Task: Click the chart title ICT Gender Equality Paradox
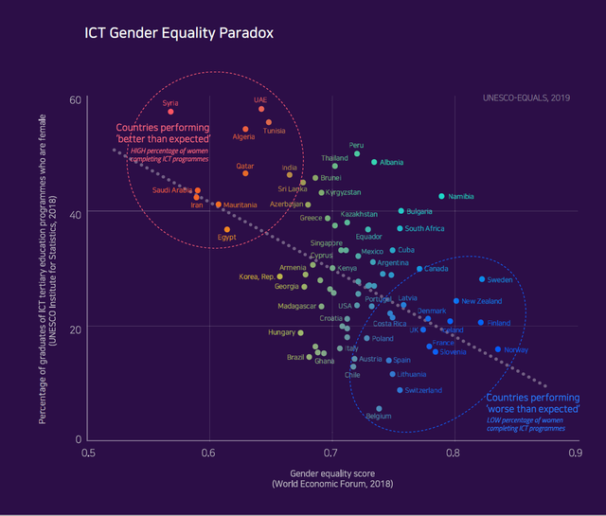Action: pyautogui.click(x=179, y=33)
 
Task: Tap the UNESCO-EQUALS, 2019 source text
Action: pyautogui.click(x=526, y=98)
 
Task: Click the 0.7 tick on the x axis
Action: pyautogui.click(x=330, y=454)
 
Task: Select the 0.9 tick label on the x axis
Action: pyautogui.click(x=574, y=454)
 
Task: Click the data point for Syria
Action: pyautogui.click(x=170, y=112)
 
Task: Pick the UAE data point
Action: pyautogui.click(x=261, y=109)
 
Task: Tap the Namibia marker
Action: pyautogui.click(x=441, y=196)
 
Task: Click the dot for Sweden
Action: pyautogui.click(x=482, y=279)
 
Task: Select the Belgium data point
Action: pyautogui.click(x=379, y=409)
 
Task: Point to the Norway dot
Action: pyautogui.click(x=498, y=349)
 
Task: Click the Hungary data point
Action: pyautogui.click(x=300, y=332)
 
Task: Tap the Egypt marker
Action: pyautogui.click(x=227, y=229)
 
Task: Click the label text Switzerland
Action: pyautogui.click(x=423, y=390)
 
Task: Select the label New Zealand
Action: pyautogui.click(x=482, y=301)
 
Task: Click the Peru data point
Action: pyautogui.click(x=357, y=153)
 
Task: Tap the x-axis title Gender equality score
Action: pyautogui.click(x=330, y=472)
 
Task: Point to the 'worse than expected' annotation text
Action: pyautogui.click(x=532, y=403)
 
